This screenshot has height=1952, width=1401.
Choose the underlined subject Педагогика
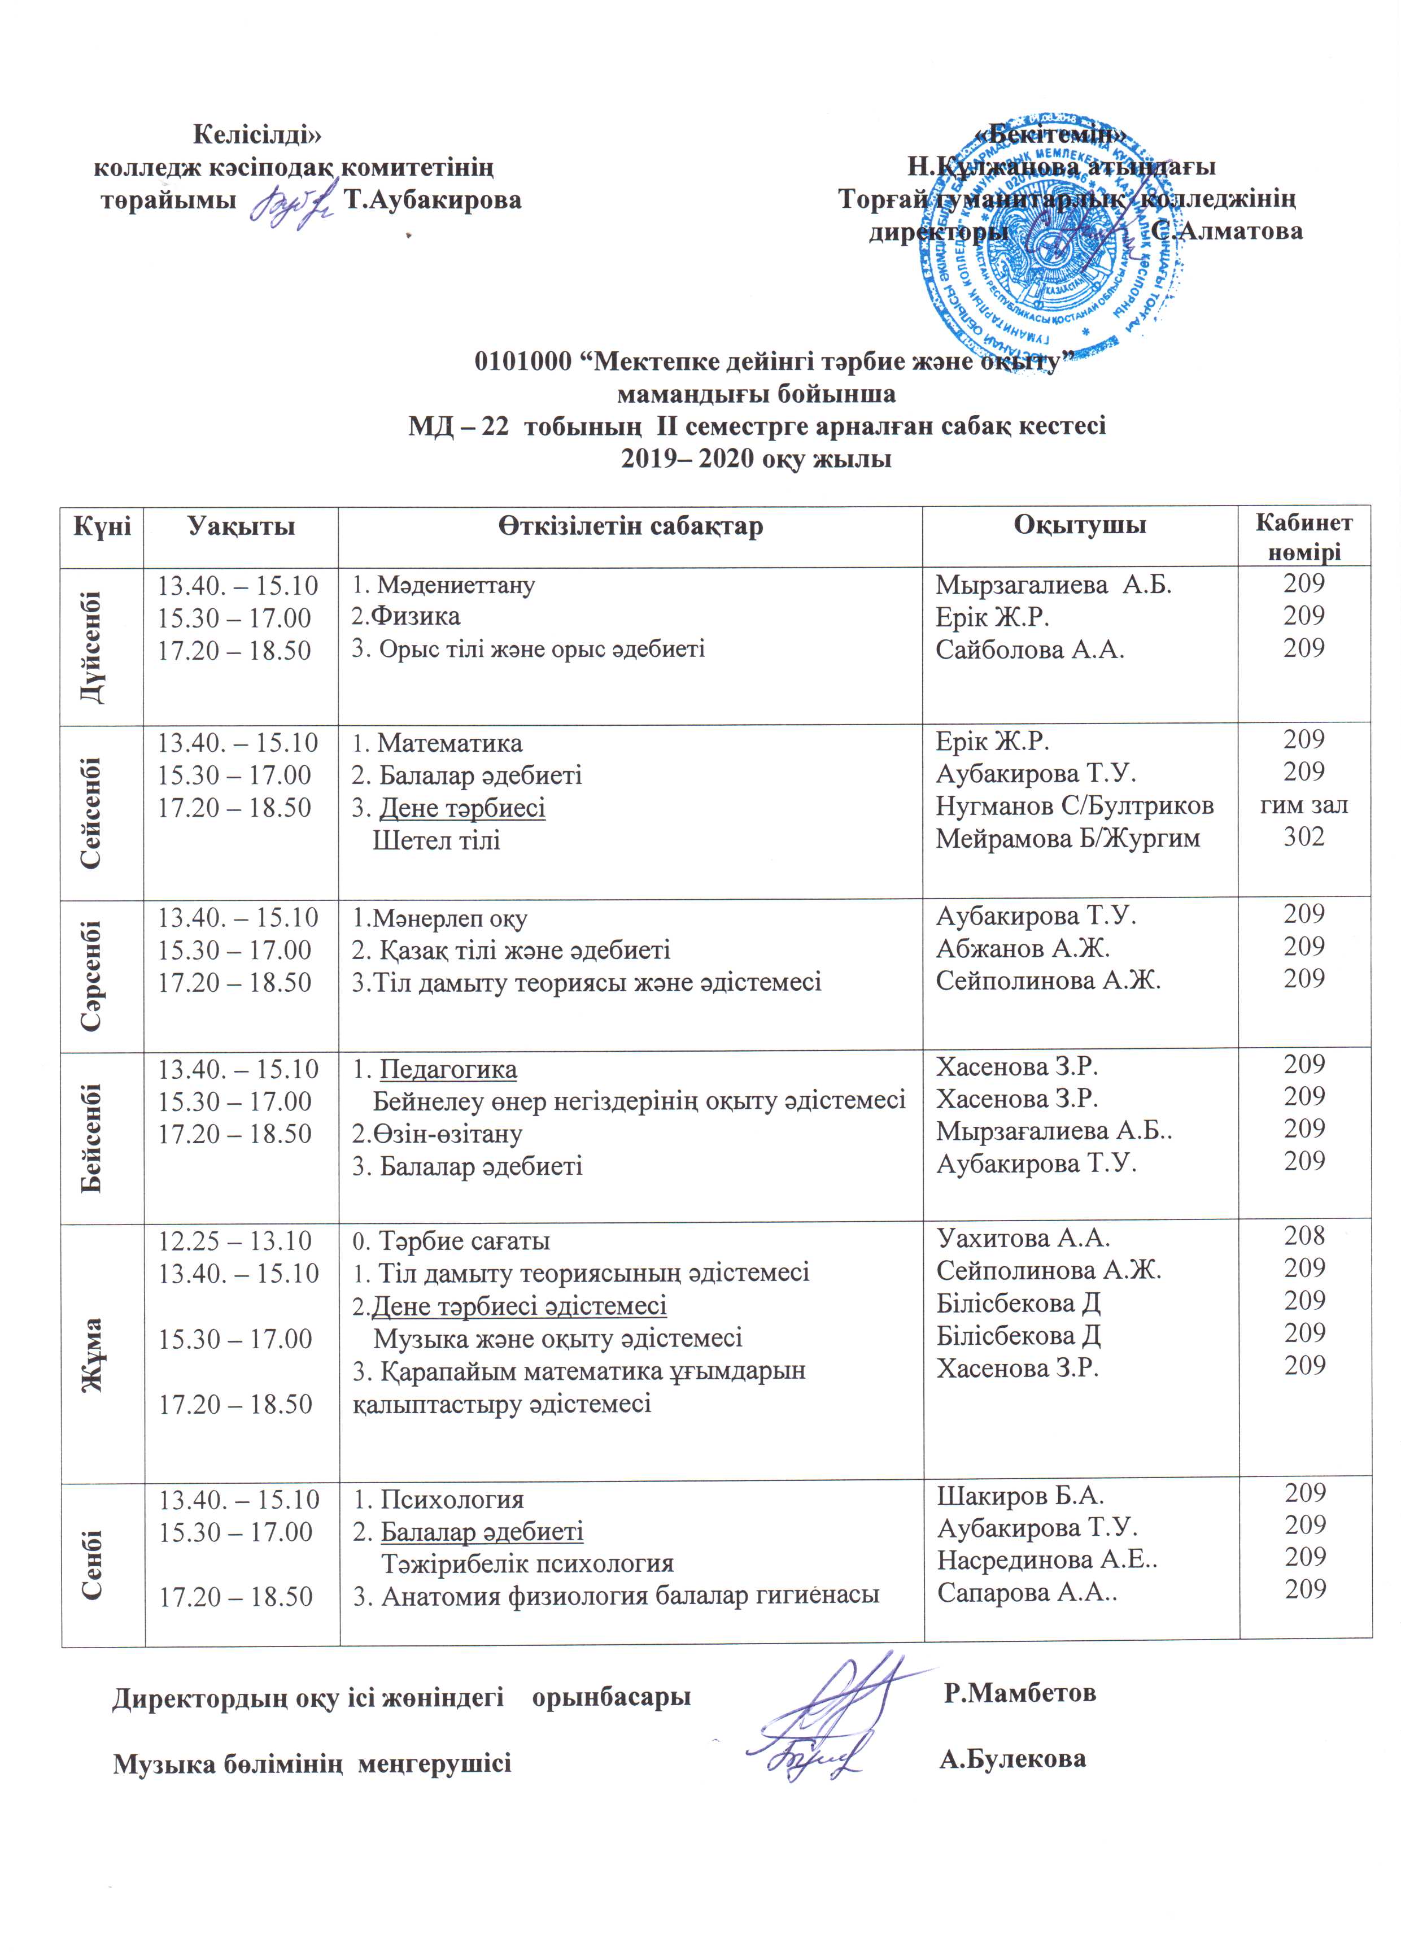[x=448, y=1070]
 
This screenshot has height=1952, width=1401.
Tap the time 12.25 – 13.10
[x=234, y=1240]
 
